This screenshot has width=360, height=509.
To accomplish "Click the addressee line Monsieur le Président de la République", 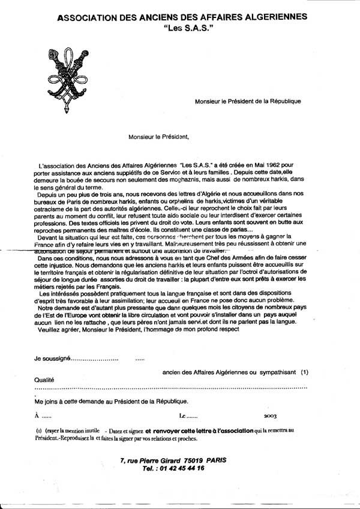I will click(x=248, y=101).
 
